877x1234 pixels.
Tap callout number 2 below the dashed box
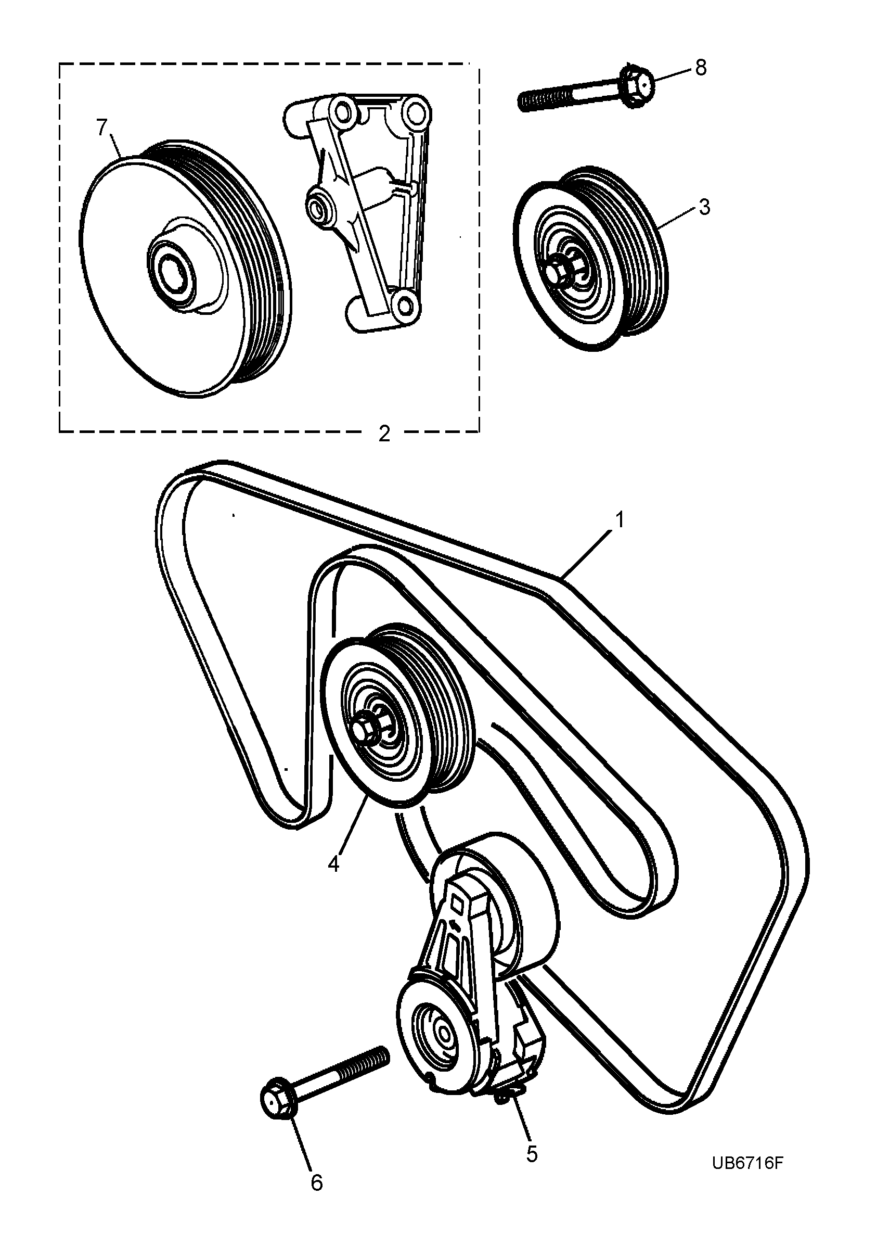pyautogui.click(x=384, y=434)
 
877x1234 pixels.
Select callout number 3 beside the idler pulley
pyautogui.click(x=704, y=208)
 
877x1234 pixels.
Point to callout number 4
pyautogui.click(x=334, y=864)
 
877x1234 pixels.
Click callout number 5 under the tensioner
pyautogui.click(x=532, y=1153)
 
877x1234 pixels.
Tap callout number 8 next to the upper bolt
pyautogui.click(x=701, y=69)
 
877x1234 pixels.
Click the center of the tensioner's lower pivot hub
pyautogui.click(x=442, y=1035)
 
